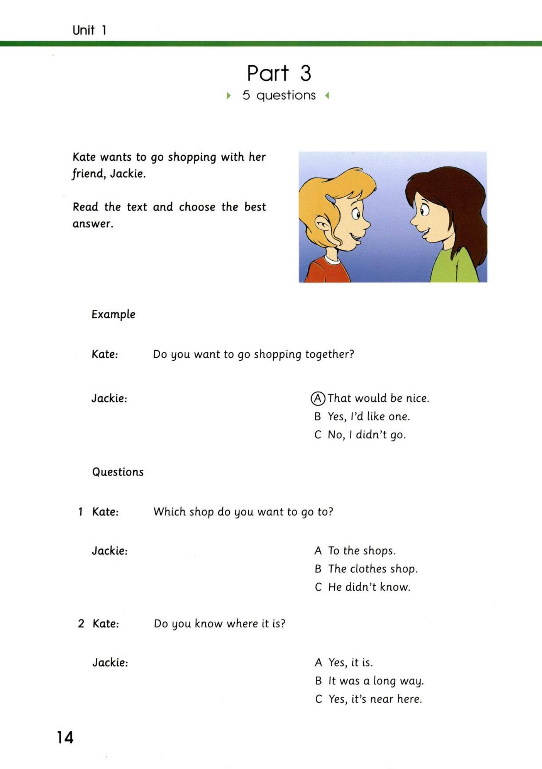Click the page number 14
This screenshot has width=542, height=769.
(x=65, y=737)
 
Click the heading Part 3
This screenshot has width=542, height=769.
(x=279, y=73)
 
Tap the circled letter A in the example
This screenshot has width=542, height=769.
(x=318, y=398)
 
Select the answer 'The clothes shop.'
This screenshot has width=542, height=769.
(x=372, y=569)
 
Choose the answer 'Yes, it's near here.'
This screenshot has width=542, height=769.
(x=375, y=699)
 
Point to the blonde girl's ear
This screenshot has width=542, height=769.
(x=322, y=225)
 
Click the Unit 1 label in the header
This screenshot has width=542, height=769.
(x=89, y=30)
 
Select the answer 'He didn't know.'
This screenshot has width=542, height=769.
(x=369, y=587)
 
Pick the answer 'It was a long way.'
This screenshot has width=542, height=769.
(x=376, y=681)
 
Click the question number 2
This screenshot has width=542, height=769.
(x=81, y=624)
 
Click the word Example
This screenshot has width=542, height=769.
(x=113, y=314)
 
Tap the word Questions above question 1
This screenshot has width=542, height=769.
(x=118, y=472)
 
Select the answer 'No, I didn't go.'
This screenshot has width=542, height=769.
(x=367, y=435)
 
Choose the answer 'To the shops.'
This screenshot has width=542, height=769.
(x=362, y=551)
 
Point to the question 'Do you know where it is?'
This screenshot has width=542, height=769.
(x=220, y=624)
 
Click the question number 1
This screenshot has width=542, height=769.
(x=80, y=512)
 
